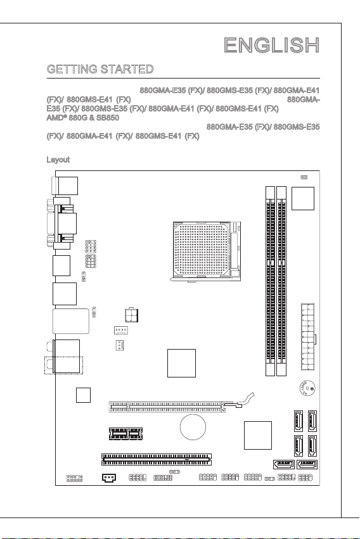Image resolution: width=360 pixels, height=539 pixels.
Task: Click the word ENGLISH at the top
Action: tap(272, 46)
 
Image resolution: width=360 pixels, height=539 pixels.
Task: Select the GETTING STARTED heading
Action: tap(100, 69)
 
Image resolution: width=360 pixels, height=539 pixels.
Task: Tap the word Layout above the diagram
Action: tap(58, 160)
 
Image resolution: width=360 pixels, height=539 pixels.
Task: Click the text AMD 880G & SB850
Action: tap(83, 118)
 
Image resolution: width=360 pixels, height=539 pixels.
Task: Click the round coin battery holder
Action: tap(193, 428)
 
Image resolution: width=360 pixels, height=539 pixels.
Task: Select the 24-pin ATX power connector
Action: tap(308, 337)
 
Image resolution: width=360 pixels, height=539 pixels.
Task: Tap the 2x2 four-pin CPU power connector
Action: tap(131, 315)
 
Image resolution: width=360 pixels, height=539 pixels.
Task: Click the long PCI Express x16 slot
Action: tap(167, 407)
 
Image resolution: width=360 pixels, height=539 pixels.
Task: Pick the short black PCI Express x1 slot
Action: tap(126, 434)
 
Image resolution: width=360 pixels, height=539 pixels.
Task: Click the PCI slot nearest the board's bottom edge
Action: tap(157, 459)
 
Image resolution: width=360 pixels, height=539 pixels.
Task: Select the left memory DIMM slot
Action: tap(270, 281)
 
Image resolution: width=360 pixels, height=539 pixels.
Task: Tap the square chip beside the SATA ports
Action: tap(258, 435)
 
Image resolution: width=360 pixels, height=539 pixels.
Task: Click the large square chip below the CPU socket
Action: tap(181, 363)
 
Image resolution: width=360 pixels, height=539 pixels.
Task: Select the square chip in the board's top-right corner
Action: tap(303, 198)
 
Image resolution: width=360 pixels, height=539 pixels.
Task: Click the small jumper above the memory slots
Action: tap(304, 177)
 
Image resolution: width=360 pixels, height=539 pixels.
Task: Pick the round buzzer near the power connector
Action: tap(307, 388)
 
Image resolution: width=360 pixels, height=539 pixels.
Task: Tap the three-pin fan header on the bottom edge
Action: tap(109, 478)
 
